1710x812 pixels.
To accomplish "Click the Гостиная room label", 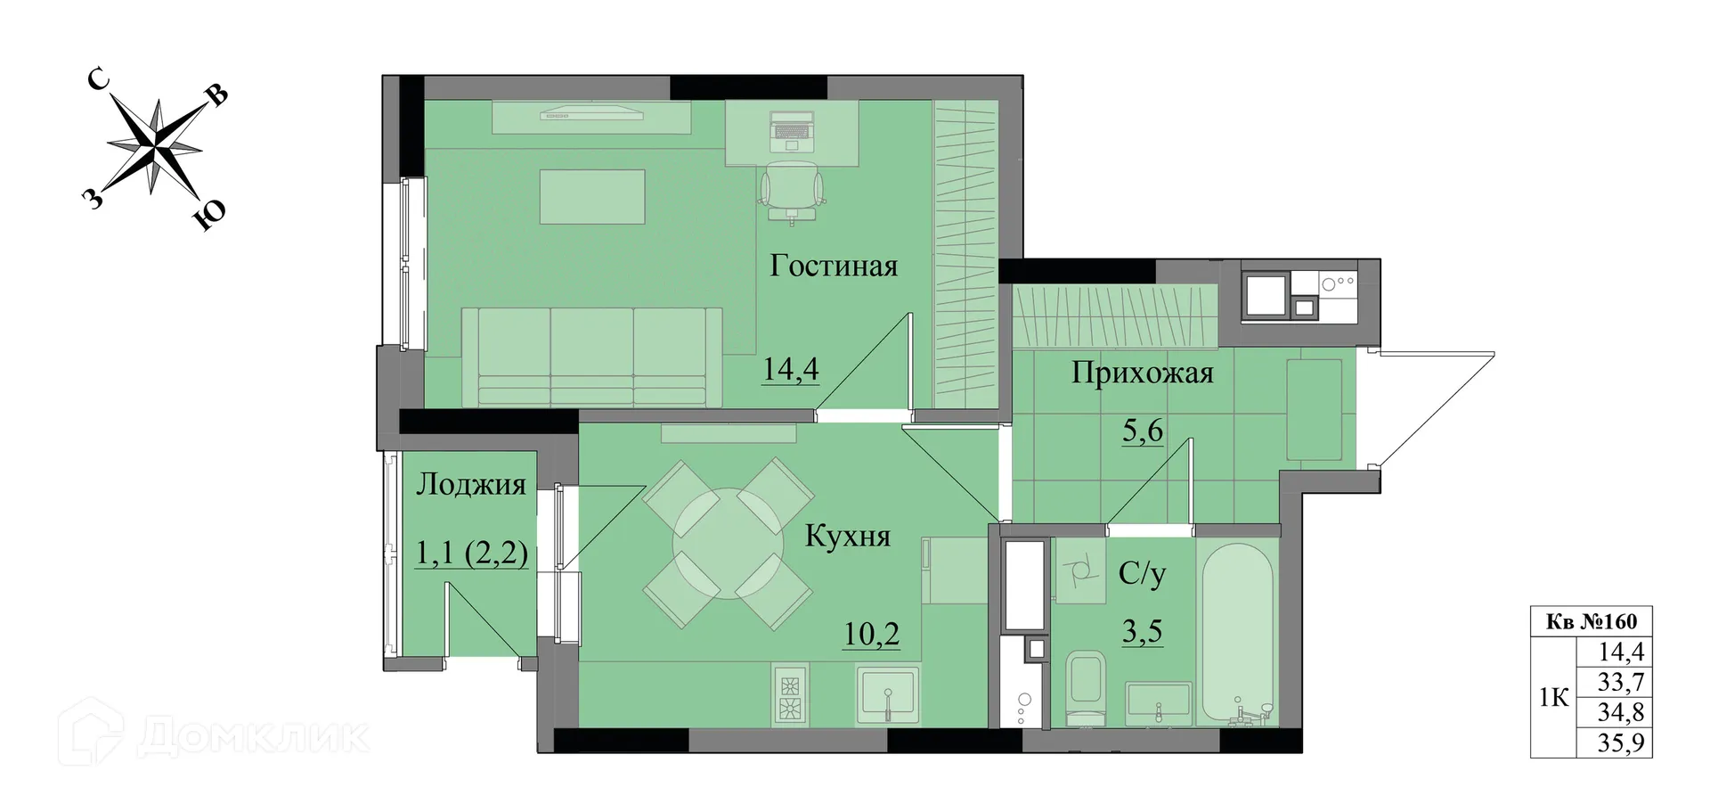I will [x=834, y=266].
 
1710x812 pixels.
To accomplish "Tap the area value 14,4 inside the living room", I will [x=791, y=369].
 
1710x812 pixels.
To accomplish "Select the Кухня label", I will [x=847, y=536].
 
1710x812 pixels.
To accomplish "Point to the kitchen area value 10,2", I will [x=871, y=634].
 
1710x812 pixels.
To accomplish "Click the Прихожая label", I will [x=1142, y=373].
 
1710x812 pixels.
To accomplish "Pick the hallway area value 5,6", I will [x=1142, y=431].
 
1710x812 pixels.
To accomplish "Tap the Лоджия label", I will [x=471, y=484].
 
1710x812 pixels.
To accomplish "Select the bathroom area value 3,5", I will [x=1142, y=631].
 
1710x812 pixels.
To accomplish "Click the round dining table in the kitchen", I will [x=728, y=543].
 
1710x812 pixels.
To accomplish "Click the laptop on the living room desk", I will [x=792, y=127].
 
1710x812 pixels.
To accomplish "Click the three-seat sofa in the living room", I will [x=591, y=357].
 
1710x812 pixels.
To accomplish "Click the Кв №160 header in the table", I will [x=1591, y=621].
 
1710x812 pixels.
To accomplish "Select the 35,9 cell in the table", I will [x=1620, y=743].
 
